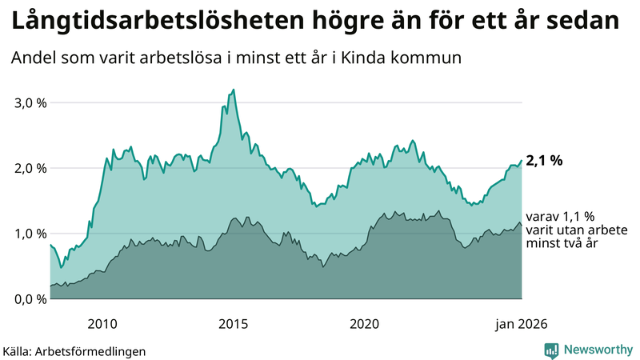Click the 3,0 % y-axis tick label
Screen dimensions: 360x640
click(30, 103)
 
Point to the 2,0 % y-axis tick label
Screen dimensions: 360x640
click(30, 168)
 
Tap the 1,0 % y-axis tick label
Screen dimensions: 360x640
click(30, 234)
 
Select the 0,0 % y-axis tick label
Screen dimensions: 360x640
click(30, 299)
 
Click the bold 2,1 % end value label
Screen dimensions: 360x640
click(545, 161)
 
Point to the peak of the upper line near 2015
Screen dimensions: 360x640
click(233, 90)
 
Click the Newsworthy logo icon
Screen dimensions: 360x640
click(551, 350)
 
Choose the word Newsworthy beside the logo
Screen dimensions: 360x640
click(596, 350)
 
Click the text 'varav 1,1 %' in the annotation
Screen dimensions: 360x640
click(561, 216)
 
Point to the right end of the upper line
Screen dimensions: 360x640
click(522, 161)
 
